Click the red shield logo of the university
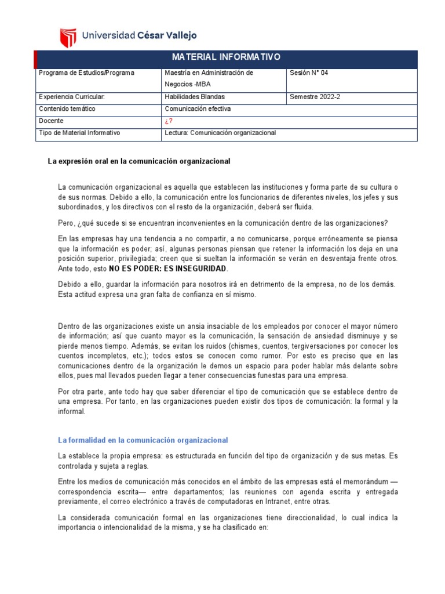click(68, 37)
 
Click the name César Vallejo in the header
click(166, 35)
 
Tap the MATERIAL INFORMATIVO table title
click(225, 57)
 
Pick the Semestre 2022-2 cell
click(315, 97)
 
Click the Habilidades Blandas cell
click(195, 97)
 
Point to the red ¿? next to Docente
click(169, 121)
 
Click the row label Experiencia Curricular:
click(71, 97)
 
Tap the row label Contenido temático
click(67, 108)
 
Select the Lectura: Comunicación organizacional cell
click(220, 133)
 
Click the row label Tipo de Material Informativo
click(79, 133)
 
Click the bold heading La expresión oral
click(138, 161)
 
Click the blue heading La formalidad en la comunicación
click(143, 440)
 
